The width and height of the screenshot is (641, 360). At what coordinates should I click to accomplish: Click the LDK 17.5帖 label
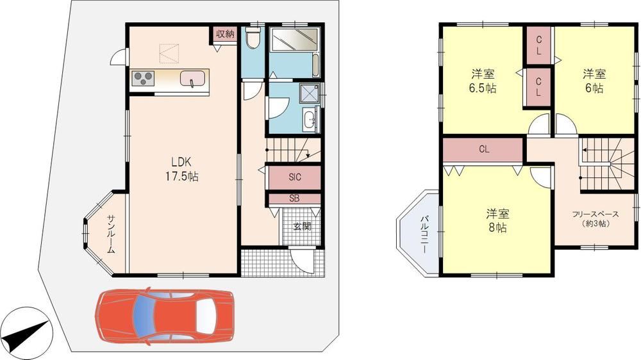coord(182,169)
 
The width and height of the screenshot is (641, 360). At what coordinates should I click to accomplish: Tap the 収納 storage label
coord(225,34)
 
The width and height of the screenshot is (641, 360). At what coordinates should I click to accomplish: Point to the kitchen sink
coord(192,78)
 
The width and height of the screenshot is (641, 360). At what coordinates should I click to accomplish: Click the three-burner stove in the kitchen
coord(143,78)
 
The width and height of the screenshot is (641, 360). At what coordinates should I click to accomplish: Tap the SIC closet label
coord(295,177)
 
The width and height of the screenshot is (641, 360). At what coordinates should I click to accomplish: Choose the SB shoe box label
coord(294,199)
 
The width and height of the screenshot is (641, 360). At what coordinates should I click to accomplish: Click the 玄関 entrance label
coord(302,226)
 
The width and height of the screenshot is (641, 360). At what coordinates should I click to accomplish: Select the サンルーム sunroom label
coord(111,234)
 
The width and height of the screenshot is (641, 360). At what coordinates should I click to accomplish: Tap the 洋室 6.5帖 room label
coord(483,81)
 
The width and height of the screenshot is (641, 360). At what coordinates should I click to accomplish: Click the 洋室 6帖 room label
coord(594,81)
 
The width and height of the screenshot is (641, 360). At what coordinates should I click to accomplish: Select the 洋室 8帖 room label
coord(497,220)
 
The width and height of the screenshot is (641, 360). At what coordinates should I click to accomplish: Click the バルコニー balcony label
coord(424,234)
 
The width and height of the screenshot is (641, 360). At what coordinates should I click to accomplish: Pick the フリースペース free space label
coord(595,218)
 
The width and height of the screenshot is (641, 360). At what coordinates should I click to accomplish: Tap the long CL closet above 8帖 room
coord(483,149)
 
